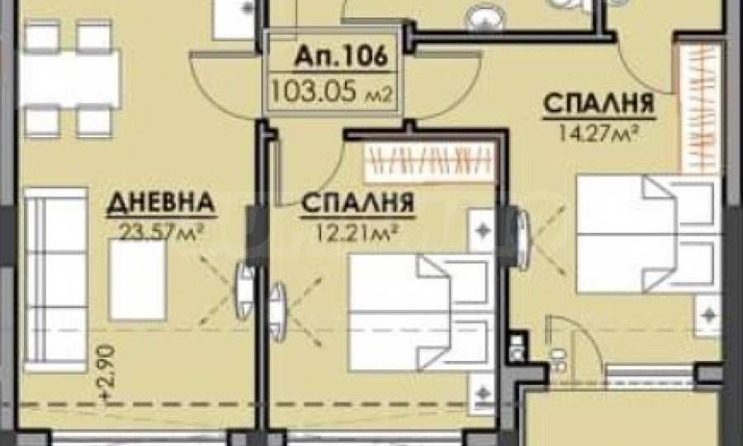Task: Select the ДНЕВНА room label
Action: point(161,202)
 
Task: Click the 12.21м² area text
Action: point(353,225)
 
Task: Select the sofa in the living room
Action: point(54,282)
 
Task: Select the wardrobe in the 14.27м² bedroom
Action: point(698,107)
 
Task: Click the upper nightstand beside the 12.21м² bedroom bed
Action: point(482,226)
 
